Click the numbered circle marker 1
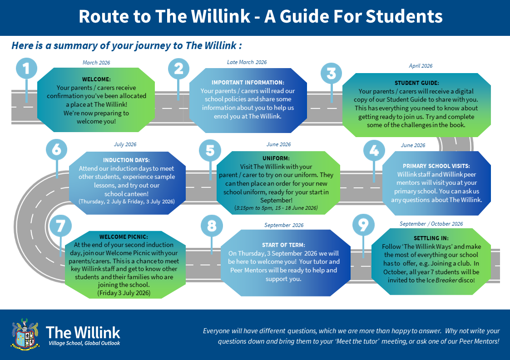tap(27, 68)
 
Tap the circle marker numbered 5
tap(210, 151)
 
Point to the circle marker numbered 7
tap(61, 226)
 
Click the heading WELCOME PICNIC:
tap(124, 237)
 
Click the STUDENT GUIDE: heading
tap(416, 83)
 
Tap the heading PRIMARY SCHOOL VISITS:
tap(436, 166)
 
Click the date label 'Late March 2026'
tap(247, 62)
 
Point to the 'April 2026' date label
tap(421, 66)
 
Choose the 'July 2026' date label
tap(125, 144)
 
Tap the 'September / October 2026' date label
tap(431, 224)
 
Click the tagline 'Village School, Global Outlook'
tap(84, 344)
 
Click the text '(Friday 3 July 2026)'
tap(124, 293)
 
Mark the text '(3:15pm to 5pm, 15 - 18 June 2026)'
tap(276, 208)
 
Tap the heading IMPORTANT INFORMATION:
tap(248, 82)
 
